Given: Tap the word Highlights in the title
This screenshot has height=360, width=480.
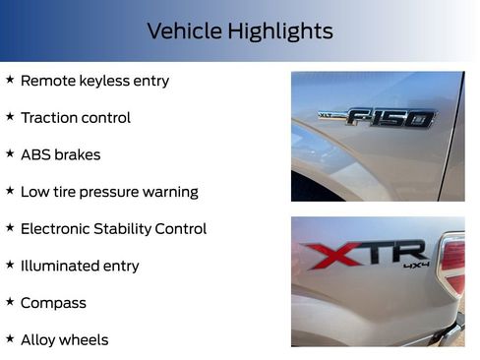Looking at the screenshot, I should pyautogui.click(x=278, y=31).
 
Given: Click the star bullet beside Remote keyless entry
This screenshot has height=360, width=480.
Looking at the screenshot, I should pyautogui.click(x=10, y=80).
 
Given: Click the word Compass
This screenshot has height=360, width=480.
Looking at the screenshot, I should pyautogui.click(x=53, y=303).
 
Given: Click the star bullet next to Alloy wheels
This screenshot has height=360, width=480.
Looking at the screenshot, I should pyautogui.click(x=10, y=339).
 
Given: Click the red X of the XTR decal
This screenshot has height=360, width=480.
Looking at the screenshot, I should pyautogui.click(x=324, y=257).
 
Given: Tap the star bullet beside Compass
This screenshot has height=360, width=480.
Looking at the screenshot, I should pyautogui.click(x=10, y=302).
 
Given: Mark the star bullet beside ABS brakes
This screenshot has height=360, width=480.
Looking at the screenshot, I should pyautogui.click(x=10, y=153).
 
